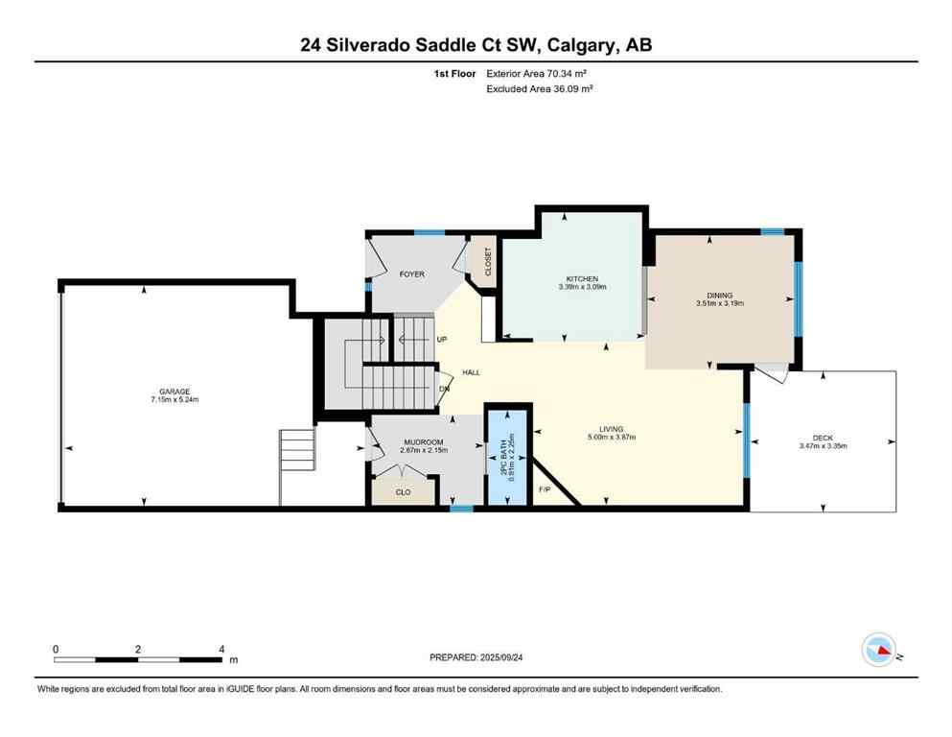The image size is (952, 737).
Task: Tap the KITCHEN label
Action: pyautogui.click(x=582, y=278)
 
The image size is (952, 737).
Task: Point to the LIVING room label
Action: pyautogui.click(x=611, y=428)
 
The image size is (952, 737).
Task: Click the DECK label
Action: pyautogui.click(x=823, y=438)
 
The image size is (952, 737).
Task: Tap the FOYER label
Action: pyautogui.click(x=411, y=274)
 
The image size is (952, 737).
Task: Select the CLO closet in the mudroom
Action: pyautogui.click(x=404, y=491)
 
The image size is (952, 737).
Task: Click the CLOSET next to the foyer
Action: pyautogui.click(x=488, y=262)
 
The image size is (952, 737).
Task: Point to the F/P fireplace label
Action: pyautogui.click(x=545, y=490)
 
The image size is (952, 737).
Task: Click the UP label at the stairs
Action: pyautogui.click(x=441, y=340)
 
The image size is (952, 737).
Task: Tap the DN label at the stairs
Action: pyautogui.click(x=444, y=389)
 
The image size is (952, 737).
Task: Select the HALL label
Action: pyautogui.click(x=471, y=372)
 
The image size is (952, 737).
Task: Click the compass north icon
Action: pyautogui.click(x=879, y=652)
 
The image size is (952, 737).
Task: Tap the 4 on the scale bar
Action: pyautogui.click(x=221, y=649)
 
